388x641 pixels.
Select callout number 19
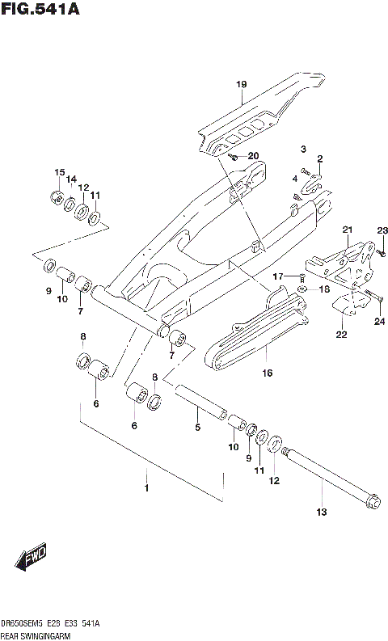pos(241,84)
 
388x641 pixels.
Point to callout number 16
pos(267,373)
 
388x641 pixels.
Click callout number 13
pos(321,512)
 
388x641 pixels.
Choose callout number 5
pos(196,428)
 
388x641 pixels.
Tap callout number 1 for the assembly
pos(146,488)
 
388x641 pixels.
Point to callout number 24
pos(380,321)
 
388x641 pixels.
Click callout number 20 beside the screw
pos(253,155)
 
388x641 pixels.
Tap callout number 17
pos(276,276)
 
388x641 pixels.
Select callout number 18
pos(324,289)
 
